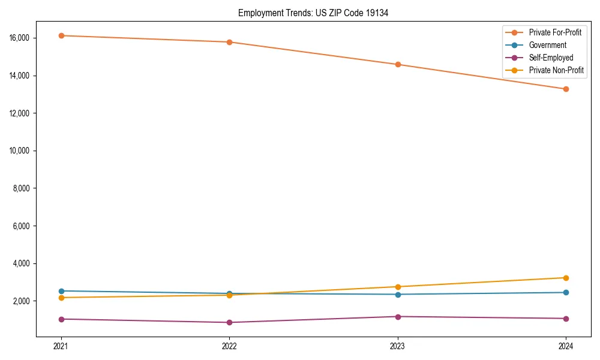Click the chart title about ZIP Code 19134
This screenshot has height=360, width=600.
[313, 13]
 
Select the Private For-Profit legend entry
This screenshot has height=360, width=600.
[555, 32]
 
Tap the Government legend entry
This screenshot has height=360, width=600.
[547, 45]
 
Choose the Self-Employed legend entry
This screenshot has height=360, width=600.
[551, 58]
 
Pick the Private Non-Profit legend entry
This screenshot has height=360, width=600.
[556, 70]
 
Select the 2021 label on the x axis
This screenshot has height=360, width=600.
[61, 346]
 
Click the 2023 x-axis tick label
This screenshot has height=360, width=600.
[397, 346]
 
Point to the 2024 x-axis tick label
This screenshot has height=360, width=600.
[566, 346]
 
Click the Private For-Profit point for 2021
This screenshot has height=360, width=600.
[61, 35]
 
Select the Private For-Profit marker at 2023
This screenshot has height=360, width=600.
[398, 64]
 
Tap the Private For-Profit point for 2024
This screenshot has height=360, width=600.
[566, 89]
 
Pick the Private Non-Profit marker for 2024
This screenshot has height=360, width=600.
[566, 278]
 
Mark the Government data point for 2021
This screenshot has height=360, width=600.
[61, 291]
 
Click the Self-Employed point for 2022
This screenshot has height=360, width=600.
[229, 322]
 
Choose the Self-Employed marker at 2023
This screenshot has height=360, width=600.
[398, 316]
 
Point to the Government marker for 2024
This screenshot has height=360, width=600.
[566, 292]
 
